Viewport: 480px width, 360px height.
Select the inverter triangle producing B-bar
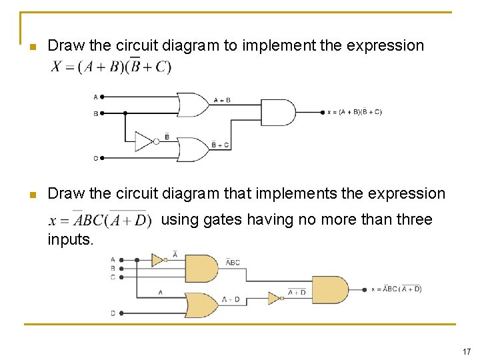point(144,141)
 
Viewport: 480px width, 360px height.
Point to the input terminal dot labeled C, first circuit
point(103,158)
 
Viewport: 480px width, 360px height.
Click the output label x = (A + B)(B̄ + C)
point(354,112)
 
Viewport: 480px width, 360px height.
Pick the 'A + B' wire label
point(222,101)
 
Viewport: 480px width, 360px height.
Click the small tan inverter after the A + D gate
point(274,298)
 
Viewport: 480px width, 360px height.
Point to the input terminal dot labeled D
point(120,313)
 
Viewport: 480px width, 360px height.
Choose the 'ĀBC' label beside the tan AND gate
point(232,263)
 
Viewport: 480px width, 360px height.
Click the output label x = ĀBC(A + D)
point(396,289)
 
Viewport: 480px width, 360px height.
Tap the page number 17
point(467,351)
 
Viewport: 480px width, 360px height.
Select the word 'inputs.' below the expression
point(71,239)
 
